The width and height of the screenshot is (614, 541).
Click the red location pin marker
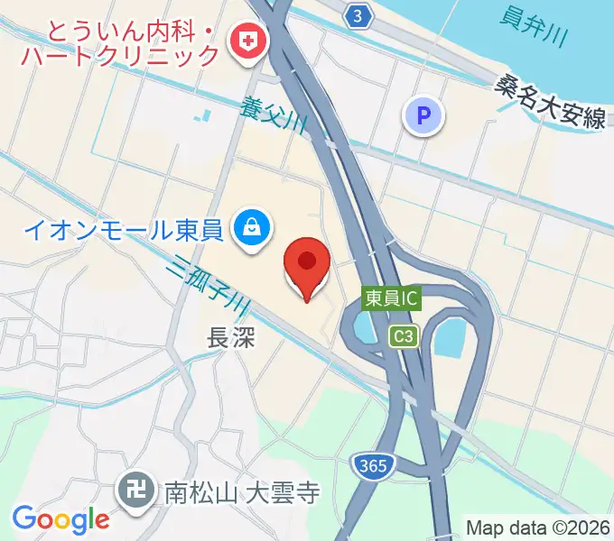click(306, 267)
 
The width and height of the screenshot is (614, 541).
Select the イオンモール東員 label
click(123, 231)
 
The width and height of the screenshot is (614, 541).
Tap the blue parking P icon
click(423, 115)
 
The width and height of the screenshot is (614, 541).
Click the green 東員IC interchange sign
click(393, 297)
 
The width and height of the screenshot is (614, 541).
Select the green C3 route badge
click(404, 336)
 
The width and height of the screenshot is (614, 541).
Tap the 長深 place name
click(233, 338)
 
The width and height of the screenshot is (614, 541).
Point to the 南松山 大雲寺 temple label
click(242, 493)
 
